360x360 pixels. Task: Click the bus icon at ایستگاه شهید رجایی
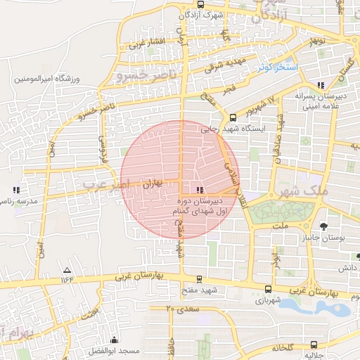(x=233, y=117)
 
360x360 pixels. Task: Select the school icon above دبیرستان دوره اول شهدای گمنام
(x=200, y=190)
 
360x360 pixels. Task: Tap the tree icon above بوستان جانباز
(x=323, y=226)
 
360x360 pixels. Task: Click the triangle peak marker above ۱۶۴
(x=67, y=270)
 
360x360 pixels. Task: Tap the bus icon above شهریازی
(x=268, y=288)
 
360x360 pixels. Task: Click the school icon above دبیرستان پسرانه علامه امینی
(x=321, y=84)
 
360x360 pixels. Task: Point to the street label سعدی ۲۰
(x=184, y=309)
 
